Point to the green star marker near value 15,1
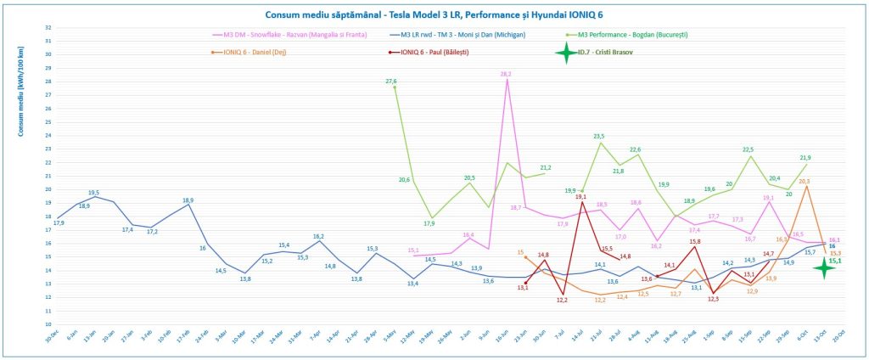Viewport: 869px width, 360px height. click(x=822, y=267)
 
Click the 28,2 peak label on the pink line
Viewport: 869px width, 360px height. click(x=506, y=75)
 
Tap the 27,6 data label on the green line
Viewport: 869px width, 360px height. click(x=391, y=82)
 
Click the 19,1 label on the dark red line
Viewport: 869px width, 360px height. click(x=581, y=197)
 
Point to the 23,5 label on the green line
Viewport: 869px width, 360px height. click(x=599, y=136)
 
